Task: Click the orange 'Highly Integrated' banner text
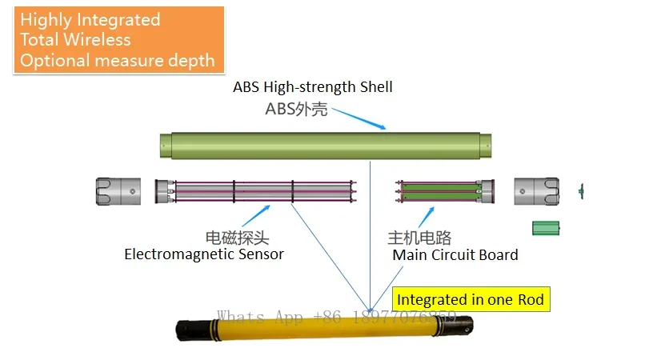(x=90, y=20)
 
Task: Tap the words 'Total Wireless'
(x=75, y=40)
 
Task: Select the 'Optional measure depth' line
(x=117, y=60)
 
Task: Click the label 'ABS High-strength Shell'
(x=312, y=86)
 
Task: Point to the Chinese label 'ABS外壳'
(x=296, y=110)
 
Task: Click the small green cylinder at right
(x=547, y=228)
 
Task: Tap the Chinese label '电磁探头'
(x=238, y=238)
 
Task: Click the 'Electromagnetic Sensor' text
(x=204, y=254)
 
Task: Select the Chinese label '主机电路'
(x=419, y=238)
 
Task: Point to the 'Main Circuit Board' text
(x=455, y=255)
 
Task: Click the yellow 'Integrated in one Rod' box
(x=471, y=300)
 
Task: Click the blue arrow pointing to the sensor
(x=256, y=215)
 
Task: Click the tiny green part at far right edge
(x=581, y=190)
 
